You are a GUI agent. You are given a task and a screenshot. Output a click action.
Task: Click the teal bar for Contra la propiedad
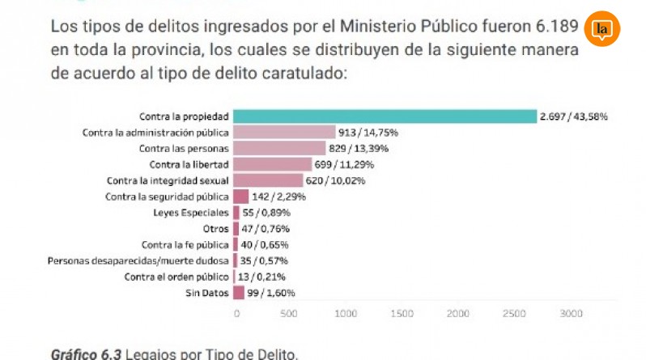[x=385, y=116]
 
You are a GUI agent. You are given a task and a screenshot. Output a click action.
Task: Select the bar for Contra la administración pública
[x=284, y=132]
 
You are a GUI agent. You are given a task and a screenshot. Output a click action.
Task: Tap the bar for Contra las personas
[x=279, y=148]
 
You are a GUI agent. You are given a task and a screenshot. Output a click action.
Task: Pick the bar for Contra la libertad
[x=272, y=164]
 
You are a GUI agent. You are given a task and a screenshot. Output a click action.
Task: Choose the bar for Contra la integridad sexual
[x=268, y=180]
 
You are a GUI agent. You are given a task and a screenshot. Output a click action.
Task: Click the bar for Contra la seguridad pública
[x=240, y=197]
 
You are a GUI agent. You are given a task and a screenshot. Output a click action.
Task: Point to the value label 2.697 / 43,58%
[x=575, y=116]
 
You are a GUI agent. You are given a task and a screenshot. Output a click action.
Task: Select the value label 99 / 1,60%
[x=271, y=293]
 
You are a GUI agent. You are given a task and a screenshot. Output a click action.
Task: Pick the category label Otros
[x=215, y=229]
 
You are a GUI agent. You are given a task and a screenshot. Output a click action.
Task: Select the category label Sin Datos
[x=206, y=293]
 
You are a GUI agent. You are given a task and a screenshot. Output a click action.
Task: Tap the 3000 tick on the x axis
[x=571, y=313]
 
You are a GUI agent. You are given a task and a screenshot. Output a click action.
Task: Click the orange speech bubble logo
[x=601, y=30]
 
